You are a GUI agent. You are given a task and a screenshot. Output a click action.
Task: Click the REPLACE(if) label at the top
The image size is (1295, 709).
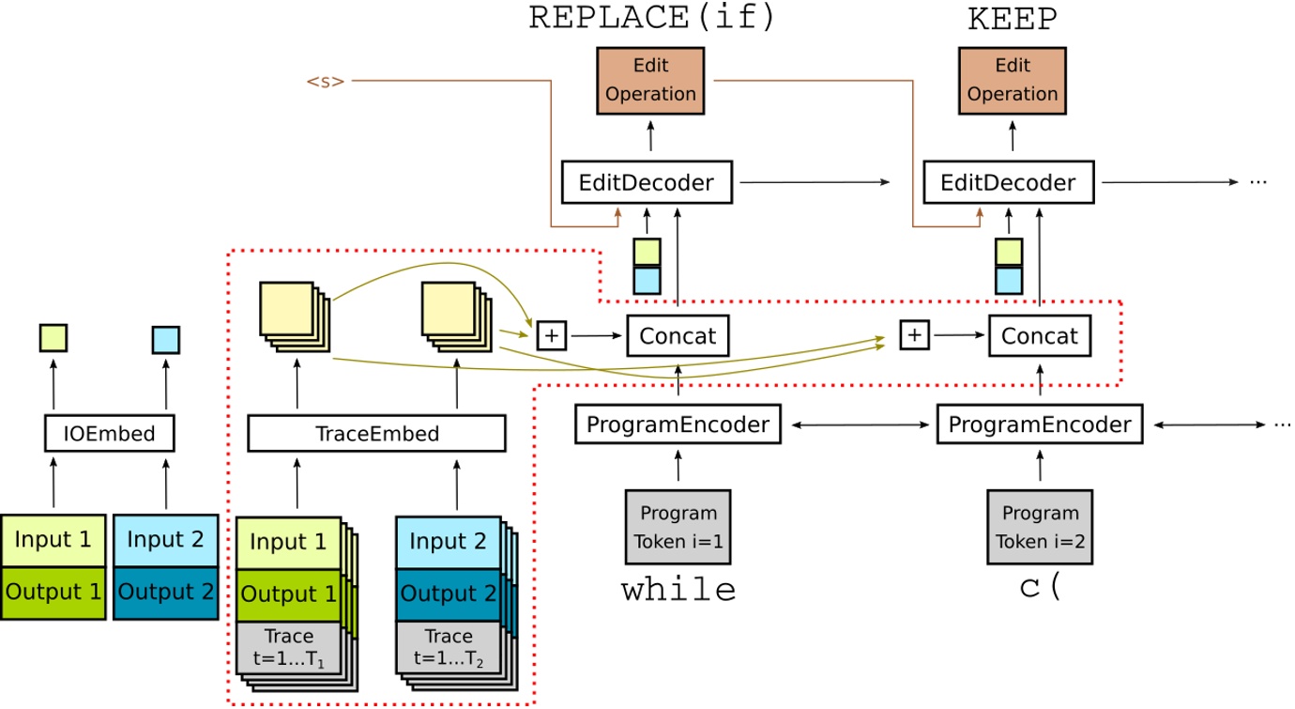pyautogui.click(x=652, y=19)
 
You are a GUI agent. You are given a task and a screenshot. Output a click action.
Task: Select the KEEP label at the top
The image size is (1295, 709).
pyautogui.click(x=1012, y=19)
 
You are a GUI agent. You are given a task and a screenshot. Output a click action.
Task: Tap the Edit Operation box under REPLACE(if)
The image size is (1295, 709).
pyautogui.click(x=651, y=81)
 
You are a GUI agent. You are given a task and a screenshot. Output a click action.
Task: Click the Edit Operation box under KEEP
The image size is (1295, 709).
pyautogui.click(x=1013, y=81)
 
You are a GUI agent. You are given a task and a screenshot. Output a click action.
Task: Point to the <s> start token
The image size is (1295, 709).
pyautogui.click(x=325, y=82)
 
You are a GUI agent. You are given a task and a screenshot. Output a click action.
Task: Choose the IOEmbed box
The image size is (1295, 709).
pyautogui.click(x=111, y=434)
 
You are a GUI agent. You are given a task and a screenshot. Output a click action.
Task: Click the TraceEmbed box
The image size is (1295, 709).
pyautogui.click(x=376, y=434)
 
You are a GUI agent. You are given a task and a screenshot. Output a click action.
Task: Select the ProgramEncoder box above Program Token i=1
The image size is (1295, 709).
pyautogui.click(x=678, y=424)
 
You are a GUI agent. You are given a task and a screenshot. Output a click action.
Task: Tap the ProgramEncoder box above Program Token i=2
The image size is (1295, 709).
pyautogui.click(x=1040, y=424)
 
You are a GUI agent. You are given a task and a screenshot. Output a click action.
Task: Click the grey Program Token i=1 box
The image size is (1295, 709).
pyautogui.click(x=678, y=527)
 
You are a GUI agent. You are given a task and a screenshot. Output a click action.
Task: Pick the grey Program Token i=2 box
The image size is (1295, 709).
pyautogui.click(x=1040, y=527)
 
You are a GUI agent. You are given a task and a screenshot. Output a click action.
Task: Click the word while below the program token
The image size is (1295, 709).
pyautogui.click(x=678, y=590)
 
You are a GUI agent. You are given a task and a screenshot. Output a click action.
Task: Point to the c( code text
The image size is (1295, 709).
pyautogui.click(x=1040, y=588)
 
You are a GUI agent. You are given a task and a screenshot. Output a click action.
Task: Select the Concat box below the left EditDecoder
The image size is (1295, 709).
pyautogui.click(x=678, y=335)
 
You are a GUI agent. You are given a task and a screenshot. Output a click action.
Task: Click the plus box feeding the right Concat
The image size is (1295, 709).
pyautogui.click(x=914, y=334)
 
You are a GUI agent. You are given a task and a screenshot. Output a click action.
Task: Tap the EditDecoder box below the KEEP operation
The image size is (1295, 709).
pyautogui.click(x=1013, y=182)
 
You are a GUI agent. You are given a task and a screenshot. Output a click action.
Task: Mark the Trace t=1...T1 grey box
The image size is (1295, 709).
pyautogui.click(x=288, y=647)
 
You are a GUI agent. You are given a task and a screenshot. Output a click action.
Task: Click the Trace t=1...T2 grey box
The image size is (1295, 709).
pyautogui.click(x=448, y=647)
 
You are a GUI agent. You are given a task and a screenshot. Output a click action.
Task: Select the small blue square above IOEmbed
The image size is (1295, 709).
pyautogui.click(x=166, y=339)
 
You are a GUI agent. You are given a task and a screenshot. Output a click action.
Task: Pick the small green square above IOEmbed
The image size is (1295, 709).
pyautogui.click(x=53, y=338)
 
